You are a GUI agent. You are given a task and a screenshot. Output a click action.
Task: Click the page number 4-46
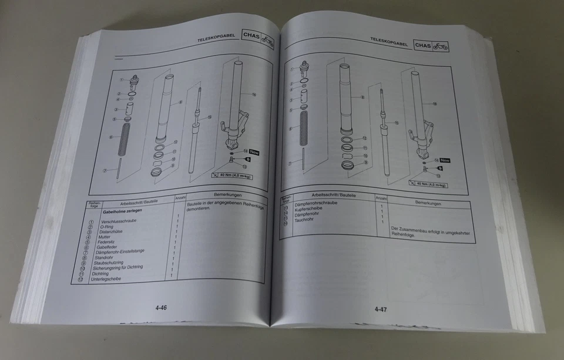[x=162, y=307]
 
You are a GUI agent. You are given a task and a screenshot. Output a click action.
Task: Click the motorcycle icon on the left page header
[x=267, y=41]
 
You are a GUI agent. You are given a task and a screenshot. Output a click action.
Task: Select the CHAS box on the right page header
[x=423, y=45]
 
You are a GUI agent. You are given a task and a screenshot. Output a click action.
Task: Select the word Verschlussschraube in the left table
[x=120, y=221]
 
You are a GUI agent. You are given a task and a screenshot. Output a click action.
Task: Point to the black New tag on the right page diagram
[x=445, y=160]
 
